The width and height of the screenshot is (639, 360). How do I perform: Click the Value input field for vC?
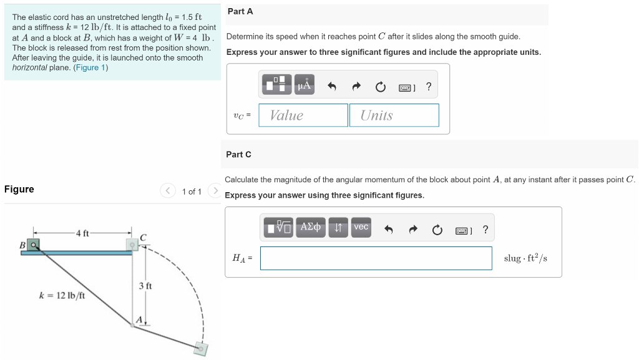[x=303, y=115]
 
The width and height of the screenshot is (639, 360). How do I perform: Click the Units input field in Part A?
[x=394, y=115]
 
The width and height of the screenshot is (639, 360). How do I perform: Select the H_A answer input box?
[x=376, y=258]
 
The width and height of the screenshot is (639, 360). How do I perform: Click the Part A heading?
[x=240, y=12]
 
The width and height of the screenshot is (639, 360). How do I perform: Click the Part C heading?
[x=239, y=154]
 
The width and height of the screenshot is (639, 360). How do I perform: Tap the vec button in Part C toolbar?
[x=361, y=227]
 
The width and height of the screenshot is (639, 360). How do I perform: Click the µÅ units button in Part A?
[x=304, y=85]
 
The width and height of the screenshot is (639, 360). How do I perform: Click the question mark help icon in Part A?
[x=428, y=87]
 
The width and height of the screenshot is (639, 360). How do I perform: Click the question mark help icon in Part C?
[x=485, y=230]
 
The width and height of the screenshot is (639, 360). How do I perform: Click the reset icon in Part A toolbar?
[x=380, y=87]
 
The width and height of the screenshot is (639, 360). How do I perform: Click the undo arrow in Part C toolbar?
[x=388, y=230]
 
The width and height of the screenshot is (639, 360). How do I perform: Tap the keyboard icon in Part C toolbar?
[x=462, y=231]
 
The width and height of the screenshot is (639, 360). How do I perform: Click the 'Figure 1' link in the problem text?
[x=90, y=67]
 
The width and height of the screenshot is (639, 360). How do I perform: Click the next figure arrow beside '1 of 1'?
[x=215, y=191]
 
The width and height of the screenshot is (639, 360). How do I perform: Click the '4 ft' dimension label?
[x=82, y=233]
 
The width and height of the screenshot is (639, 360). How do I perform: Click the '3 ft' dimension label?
[x=145, y=286]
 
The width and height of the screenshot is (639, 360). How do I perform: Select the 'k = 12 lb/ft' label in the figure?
[x=62, y=295]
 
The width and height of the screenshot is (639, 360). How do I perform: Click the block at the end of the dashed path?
[x=200, y=348]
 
